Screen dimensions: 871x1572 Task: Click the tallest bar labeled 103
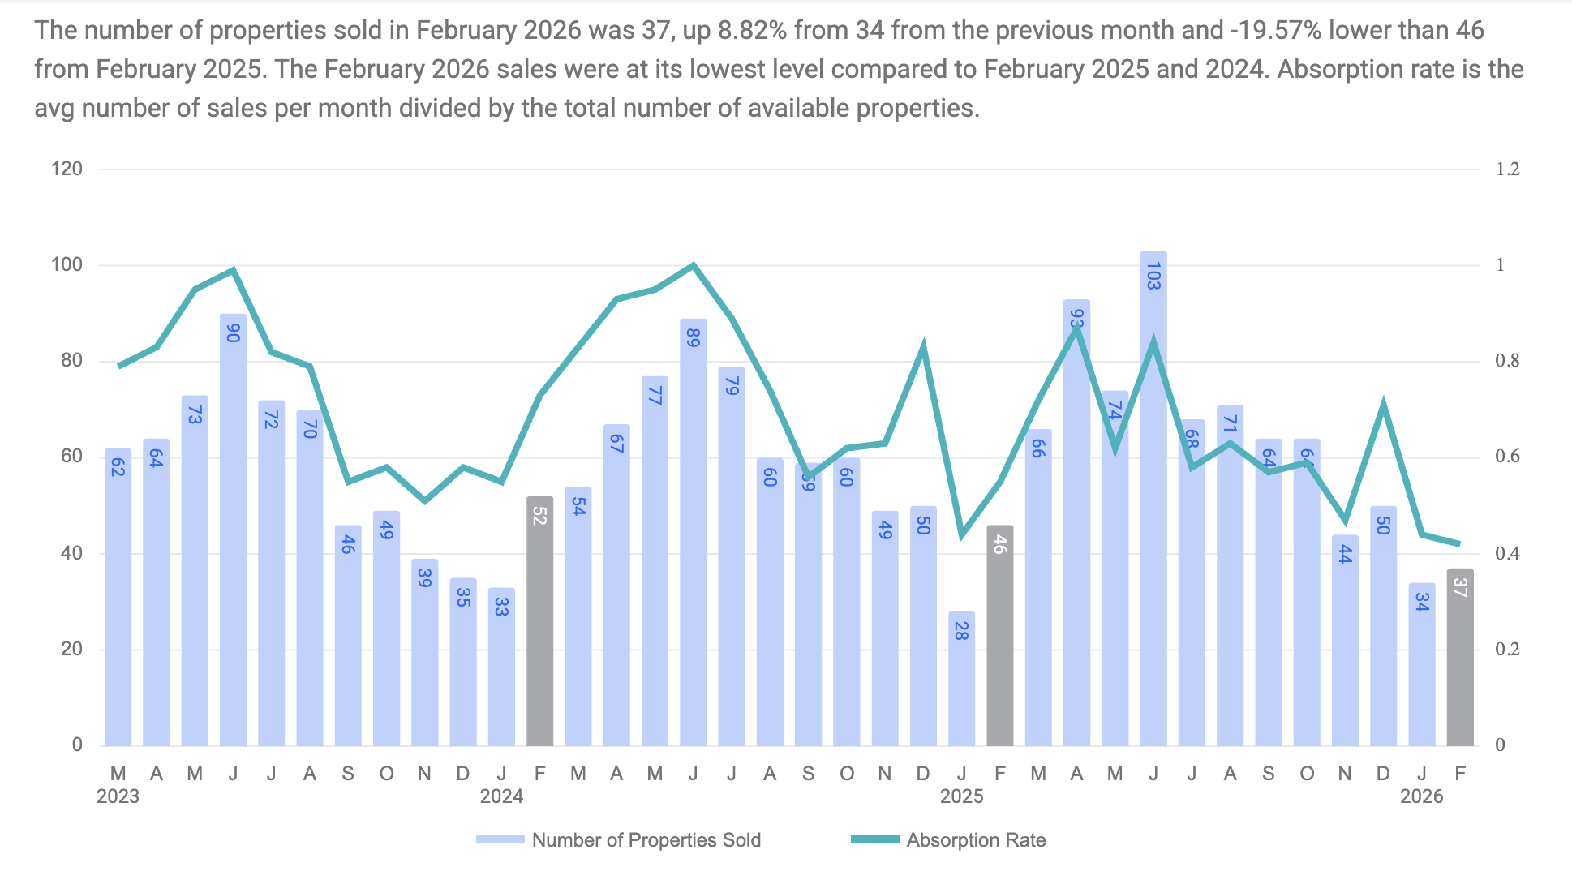tap(1153, 499)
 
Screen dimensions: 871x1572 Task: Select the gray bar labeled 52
tap(539, 620)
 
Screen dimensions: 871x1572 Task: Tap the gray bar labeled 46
tap(999, 635)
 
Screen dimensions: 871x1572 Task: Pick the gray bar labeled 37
tap(1459, 657)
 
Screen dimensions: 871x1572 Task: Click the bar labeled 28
tap(961, 679)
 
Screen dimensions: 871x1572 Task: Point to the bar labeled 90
tap(233, 530)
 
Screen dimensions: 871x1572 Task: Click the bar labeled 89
tap(693, 532)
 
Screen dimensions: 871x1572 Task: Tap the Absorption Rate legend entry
tap(948, 840)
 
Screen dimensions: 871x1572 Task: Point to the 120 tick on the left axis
tap(67, 169)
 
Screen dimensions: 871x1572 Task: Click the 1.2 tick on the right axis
tap(1507, 169)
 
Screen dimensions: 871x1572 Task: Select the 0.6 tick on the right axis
tap(1507, 457)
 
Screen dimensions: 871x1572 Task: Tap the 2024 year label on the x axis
tap(501, 796)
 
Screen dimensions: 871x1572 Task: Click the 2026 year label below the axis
tap(1421, 796)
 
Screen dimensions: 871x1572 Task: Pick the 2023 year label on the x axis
tap(118, 796)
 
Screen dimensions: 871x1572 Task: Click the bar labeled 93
tap(1076, 523)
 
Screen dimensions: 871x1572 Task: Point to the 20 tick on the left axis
tap(71, 649)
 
